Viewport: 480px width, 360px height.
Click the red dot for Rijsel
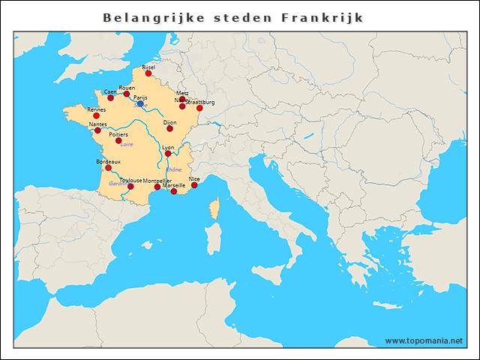point(148,73)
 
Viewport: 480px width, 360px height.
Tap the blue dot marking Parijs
point(140,103)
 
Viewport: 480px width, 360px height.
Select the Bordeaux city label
point(108,161)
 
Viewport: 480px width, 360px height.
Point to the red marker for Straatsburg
point(199,108)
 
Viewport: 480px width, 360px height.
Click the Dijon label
point(169,121)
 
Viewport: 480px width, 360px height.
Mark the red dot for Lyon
point(168,154)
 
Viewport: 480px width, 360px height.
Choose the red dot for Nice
point(194,185)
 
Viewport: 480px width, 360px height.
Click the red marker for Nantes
point(97,130)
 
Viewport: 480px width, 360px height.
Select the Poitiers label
point(118,134)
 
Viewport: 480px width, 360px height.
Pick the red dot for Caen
point(110,97)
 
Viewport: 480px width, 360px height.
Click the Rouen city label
point(127,88)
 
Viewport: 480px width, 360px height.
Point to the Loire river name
point(127,144)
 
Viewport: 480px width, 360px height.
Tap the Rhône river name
point(174,169)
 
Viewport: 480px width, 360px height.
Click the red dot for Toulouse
point(130,187)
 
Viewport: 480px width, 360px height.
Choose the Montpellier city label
point(157,181)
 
